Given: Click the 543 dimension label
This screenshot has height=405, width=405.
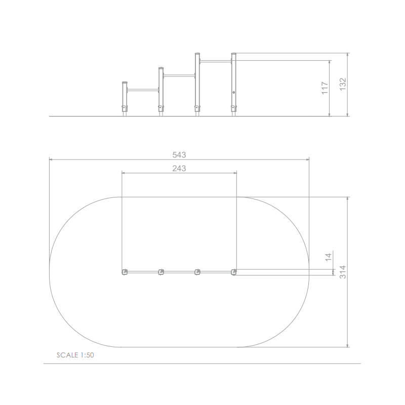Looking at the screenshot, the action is pos(179,155).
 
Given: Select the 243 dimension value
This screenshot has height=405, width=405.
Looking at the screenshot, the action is pos(179,169).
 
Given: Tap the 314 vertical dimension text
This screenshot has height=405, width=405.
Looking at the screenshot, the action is pos(343,272).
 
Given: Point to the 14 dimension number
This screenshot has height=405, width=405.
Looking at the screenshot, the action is pos(328,257).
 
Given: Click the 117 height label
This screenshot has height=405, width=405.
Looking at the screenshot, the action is pos(325,88).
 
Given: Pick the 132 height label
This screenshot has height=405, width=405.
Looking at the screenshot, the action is pos(343,84).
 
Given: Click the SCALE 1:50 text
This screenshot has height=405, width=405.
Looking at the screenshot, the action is pos(75,355).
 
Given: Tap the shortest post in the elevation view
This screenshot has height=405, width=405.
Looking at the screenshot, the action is pos(125,99).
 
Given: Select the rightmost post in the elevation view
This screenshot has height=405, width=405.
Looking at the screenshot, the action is pos(233,85).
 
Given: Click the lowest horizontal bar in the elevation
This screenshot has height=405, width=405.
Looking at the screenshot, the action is pos(143,90).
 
